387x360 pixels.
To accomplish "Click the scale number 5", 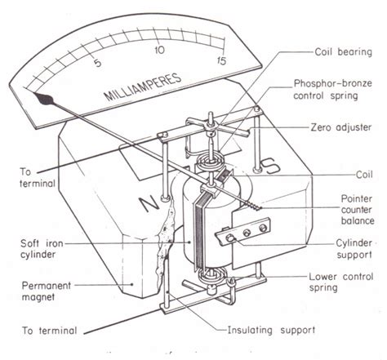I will pos(98,62).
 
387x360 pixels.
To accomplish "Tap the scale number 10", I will pos(160,51).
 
